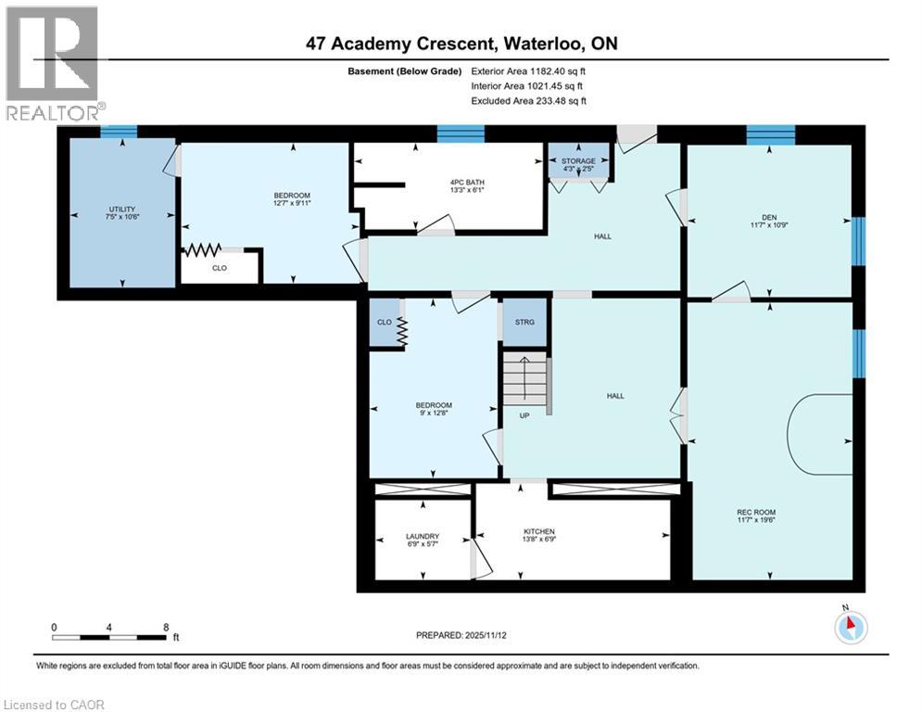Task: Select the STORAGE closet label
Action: point(579,161)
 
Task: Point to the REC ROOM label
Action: point(756,512)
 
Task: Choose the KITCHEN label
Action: point(538,531)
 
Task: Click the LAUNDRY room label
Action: point(422,537)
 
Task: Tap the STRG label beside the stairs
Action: point(524,324)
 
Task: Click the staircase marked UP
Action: point(525,385)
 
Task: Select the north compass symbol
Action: point(849,628)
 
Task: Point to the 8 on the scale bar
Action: point(165,627)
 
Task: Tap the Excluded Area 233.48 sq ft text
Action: point(529,101)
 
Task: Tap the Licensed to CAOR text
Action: point(55,705)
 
